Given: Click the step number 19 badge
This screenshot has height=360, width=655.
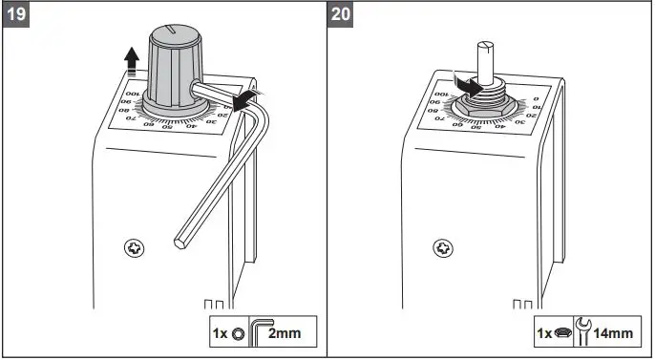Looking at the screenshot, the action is (16, 16).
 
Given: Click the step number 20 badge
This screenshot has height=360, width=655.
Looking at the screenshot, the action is (341, 16).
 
